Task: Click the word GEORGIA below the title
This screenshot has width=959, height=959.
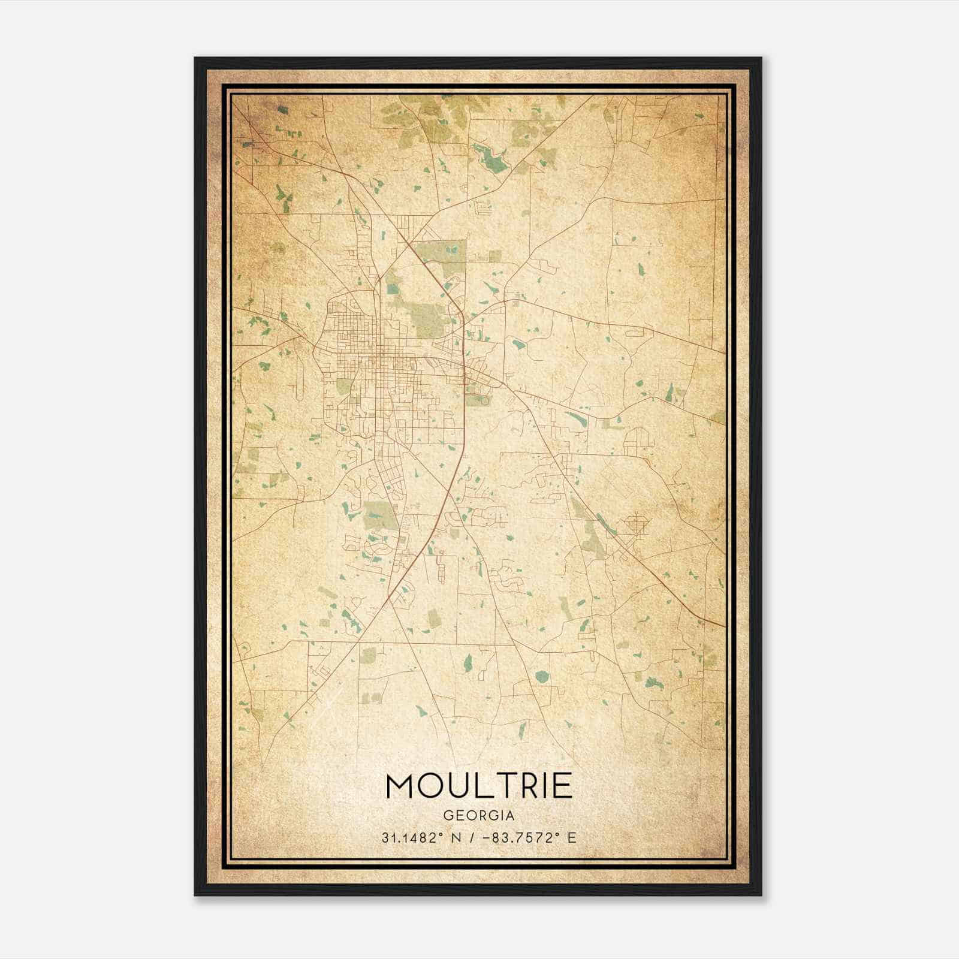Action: click(479, 816)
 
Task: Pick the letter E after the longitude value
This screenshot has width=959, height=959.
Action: click(572, 838)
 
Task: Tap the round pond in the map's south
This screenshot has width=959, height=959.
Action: click(541, 677)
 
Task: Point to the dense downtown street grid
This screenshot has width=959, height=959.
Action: click(360, 351)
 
